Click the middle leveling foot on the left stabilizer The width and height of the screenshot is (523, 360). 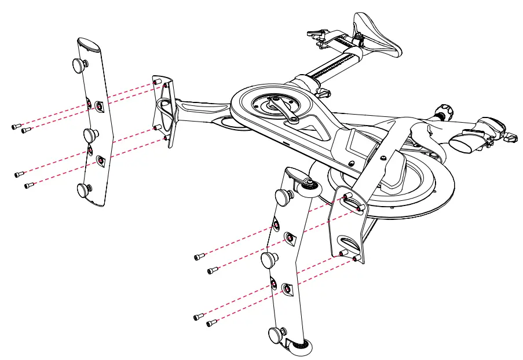90,136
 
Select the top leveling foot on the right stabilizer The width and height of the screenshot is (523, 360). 283,197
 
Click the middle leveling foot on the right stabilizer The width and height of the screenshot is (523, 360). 269,260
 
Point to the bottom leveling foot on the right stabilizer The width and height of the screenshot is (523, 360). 277,334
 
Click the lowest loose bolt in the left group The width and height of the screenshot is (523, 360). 29,186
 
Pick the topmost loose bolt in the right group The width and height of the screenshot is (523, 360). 200,256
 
